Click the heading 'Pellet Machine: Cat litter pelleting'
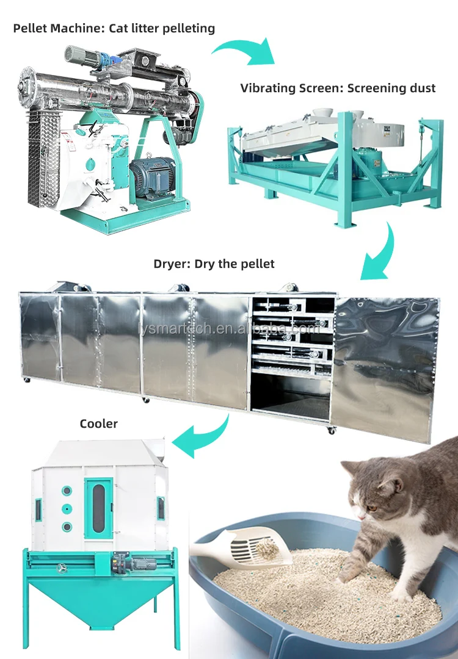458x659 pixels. tap(114, 28)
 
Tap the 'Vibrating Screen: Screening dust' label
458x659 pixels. tap(338, 88)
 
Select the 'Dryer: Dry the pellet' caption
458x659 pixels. tap(214, 264)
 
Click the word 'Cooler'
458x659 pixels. tap(99, 423)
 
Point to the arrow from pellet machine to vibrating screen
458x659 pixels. tap(243, 50)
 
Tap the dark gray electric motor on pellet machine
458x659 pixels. tap(151, 177)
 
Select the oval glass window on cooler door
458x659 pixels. tap(98, 506)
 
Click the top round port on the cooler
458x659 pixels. tap(67, 491)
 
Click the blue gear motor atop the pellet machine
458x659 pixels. tap(112, 59)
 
